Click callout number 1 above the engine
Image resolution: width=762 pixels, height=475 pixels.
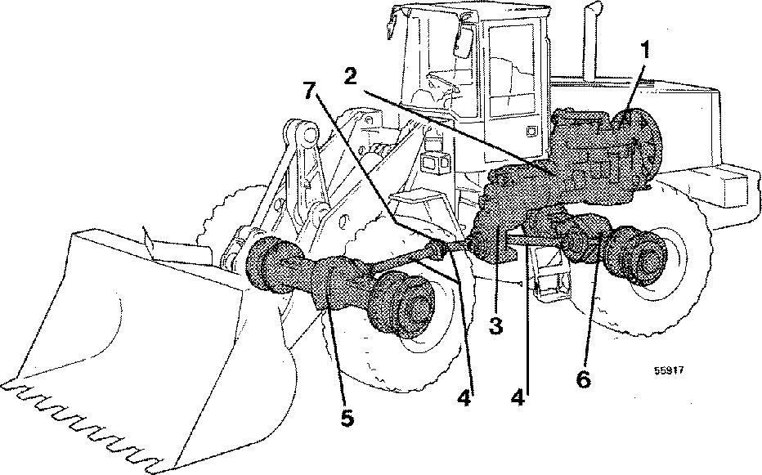(x=645, y=49)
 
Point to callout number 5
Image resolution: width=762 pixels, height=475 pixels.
(x=347, y=418)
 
